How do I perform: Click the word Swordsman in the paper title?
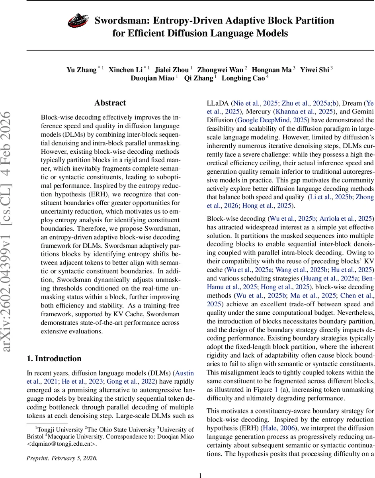121,21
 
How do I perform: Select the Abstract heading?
110,103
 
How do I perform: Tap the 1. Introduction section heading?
54,358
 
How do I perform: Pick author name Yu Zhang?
82,70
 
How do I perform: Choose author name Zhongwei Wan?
221,70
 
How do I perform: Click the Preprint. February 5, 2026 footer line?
62,458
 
